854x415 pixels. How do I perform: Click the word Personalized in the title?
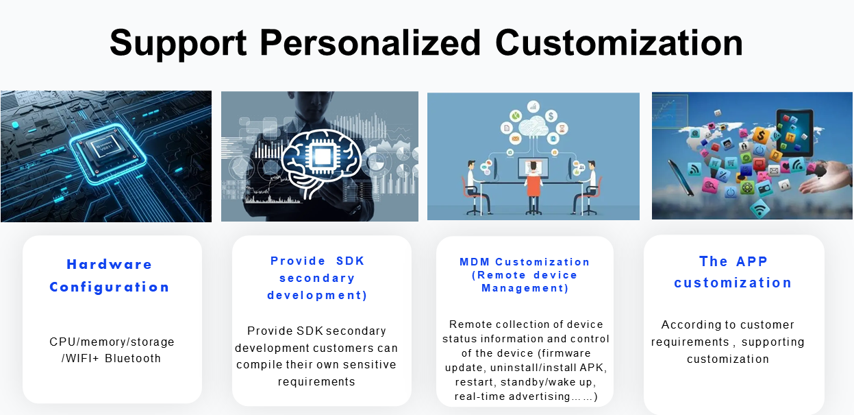click(x=370, y=43)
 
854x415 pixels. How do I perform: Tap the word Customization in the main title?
click(x=619, y=43)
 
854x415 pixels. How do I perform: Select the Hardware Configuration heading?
click(x=110, y=275)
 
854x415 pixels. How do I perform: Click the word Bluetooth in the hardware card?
click(x=133, y=358)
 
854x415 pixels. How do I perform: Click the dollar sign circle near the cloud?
click(x=551, y=115)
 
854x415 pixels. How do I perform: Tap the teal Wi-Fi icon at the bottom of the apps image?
click(x=759, y=209)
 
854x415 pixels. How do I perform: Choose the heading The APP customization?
click(x=733, y=272)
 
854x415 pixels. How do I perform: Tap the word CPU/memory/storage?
click(x=112, y=342)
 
